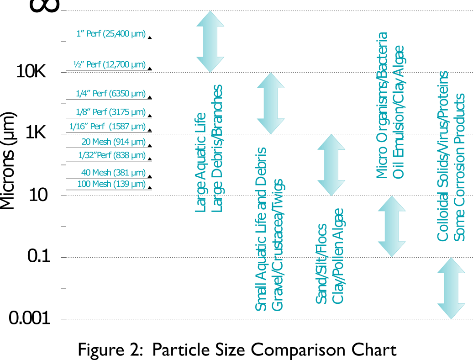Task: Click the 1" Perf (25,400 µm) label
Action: tap(110, 33)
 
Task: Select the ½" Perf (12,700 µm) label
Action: tap(109, 64)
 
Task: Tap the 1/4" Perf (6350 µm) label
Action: tap(110, 94)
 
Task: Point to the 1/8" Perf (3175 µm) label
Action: tap(110, 112)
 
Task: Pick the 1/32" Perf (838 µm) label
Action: tap(112, 155)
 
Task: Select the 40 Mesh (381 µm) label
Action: tap(113, 173)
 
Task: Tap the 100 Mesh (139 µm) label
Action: tap(111, 184)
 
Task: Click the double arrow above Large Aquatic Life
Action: tap(210, 42)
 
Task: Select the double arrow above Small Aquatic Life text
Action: tap(271, 103)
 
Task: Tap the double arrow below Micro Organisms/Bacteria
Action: tap(392, 226)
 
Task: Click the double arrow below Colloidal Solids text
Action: tap(451, 288)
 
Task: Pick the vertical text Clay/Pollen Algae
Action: tap(338, 256)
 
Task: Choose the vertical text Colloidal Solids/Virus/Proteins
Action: tap(443, 156)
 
